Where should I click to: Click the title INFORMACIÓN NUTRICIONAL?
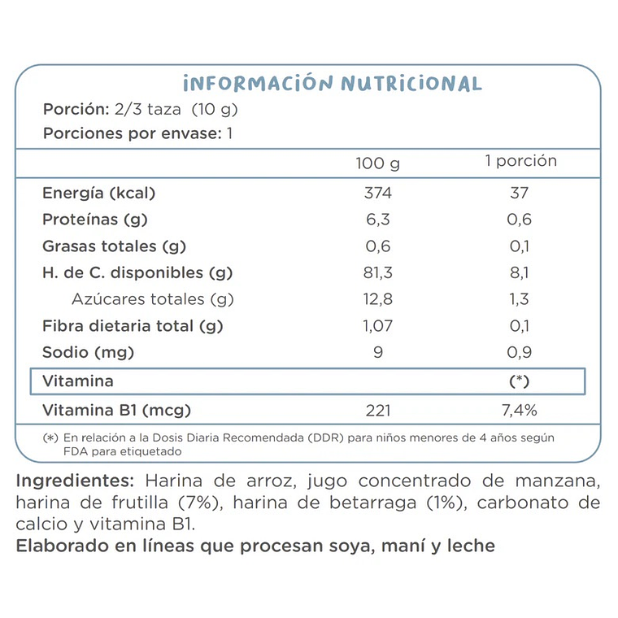coord(333,84)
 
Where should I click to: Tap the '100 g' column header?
coord(378,163)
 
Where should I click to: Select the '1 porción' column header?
coord(520,161)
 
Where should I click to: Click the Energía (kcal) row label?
coord(98,194)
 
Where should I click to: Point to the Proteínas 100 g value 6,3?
coord(378,220)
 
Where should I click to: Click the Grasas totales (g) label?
coord(115,246)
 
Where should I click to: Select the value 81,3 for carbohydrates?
coord(378,273)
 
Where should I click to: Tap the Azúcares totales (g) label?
coord(153,299)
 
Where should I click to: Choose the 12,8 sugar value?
coord(378,299)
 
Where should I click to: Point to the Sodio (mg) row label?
coord(88,353)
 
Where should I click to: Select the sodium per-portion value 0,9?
coord(520,353)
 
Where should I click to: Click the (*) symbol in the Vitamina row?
coord(520,381)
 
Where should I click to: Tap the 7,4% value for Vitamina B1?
coord(520,410)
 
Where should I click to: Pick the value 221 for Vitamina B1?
coord(378,410)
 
